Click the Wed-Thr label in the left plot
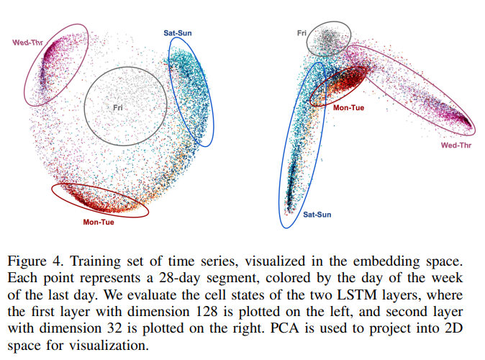click(27, 42)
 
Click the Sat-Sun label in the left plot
click(177, 33)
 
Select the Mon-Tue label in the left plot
click(99, 222)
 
